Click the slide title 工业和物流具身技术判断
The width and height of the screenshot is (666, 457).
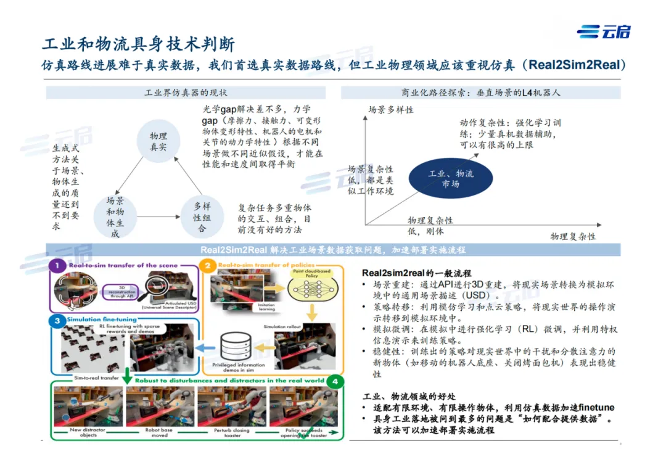(x=138, y=44)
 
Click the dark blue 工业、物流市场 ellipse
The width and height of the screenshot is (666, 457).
(x=451, y=178)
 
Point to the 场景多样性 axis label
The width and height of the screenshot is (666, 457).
(x=391, y=110)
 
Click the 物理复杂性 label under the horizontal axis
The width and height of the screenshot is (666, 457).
(x=573, y=237)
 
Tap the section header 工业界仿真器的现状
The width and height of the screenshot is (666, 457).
(x=186, y=93)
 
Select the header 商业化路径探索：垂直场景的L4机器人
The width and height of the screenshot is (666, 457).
(x=481, y=93)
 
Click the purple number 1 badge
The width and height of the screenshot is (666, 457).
(x=57, y=266)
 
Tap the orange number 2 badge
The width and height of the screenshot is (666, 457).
(x=208, y=266)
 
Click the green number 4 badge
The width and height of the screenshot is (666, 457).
(x=334, y=381)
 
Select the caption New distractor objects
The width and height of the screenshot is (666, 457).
(x=83, y=432)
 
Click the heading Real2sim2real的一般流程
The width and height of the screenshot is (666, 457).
(x=416, y=273)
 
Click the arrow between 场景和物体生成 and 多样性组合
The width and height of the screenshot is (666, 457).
(x=158, y=218)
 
